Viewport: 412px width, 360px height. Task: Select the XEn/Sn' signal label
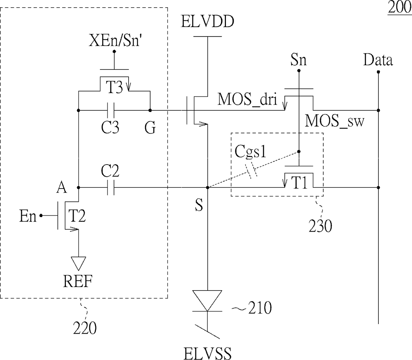tap(114, 41)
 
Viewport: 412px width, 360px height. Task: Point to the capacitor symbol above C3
tap(111, 110)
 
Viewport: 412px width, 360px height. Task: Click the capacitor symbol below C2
tap(111, 187)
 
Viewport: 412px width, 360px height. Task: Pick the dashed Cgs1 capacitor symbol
tap(251, 172)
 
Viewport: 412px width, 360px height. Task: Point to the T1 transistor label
tap(299, 183)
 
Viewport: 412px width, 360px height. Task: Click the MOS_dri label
tap(248, 99)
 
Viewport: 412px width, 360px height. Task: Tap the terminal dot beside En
tap(41, 215)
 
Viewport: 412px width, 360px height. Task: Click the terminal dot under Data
tap(378, 72)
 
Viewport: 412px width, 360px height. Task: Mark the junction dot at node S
tap(208, 187)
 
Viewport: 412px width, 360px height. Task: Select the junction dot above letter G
tap(150, 110)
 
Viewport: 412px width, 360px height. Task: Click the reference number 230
tap(320, 226)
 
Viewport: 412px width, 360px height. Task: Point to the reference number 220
tap(85, 328)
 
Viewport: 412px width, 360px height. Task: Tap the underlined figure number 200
tap(400, 8)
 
